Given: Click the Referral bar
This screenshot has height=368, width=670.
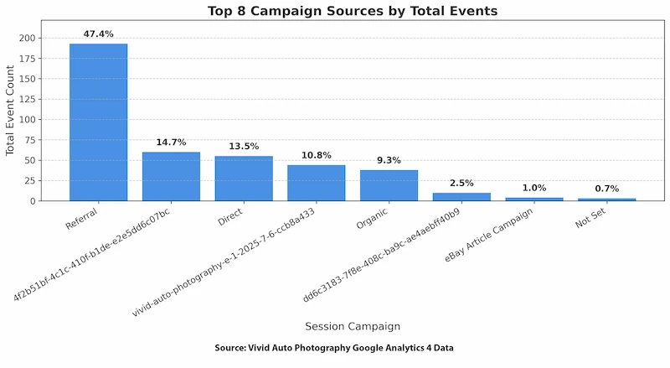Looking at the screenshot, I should pos(98,122).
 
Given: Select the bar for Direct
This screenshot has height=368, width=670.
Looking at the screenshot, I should pos(244,179).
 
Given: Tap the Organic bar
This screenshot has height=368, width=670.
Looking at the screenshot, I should pos(389,185).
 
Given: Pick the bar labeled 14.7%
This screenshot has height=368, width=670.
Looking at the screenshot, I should pos(171,176).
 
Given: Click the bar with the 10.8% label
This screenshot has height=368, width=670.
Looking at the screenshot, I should pos(316,183).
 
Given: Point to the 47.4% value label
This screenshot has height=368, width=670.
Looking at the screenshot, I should pos(98,34).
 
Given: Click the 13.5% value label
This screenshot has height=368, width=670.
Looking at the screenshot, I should pos(244,147).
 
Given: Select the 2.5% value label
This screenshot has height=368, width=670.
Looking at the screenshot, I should pos(461,183).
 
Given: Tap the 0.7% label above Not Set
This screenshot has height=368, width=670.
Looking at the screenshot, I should pos(607,189).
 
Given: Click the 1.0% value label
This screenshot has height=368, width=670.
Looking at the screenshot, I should pos(534,188).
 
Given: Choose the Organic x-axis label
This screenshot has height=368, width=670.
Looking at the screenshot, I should pos(374,219).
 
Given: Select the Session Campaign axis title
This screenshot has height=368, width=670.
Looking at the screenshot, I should pos(352,326).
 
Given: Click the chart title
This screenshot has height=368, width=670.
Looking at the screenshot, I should pos(352,11).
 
